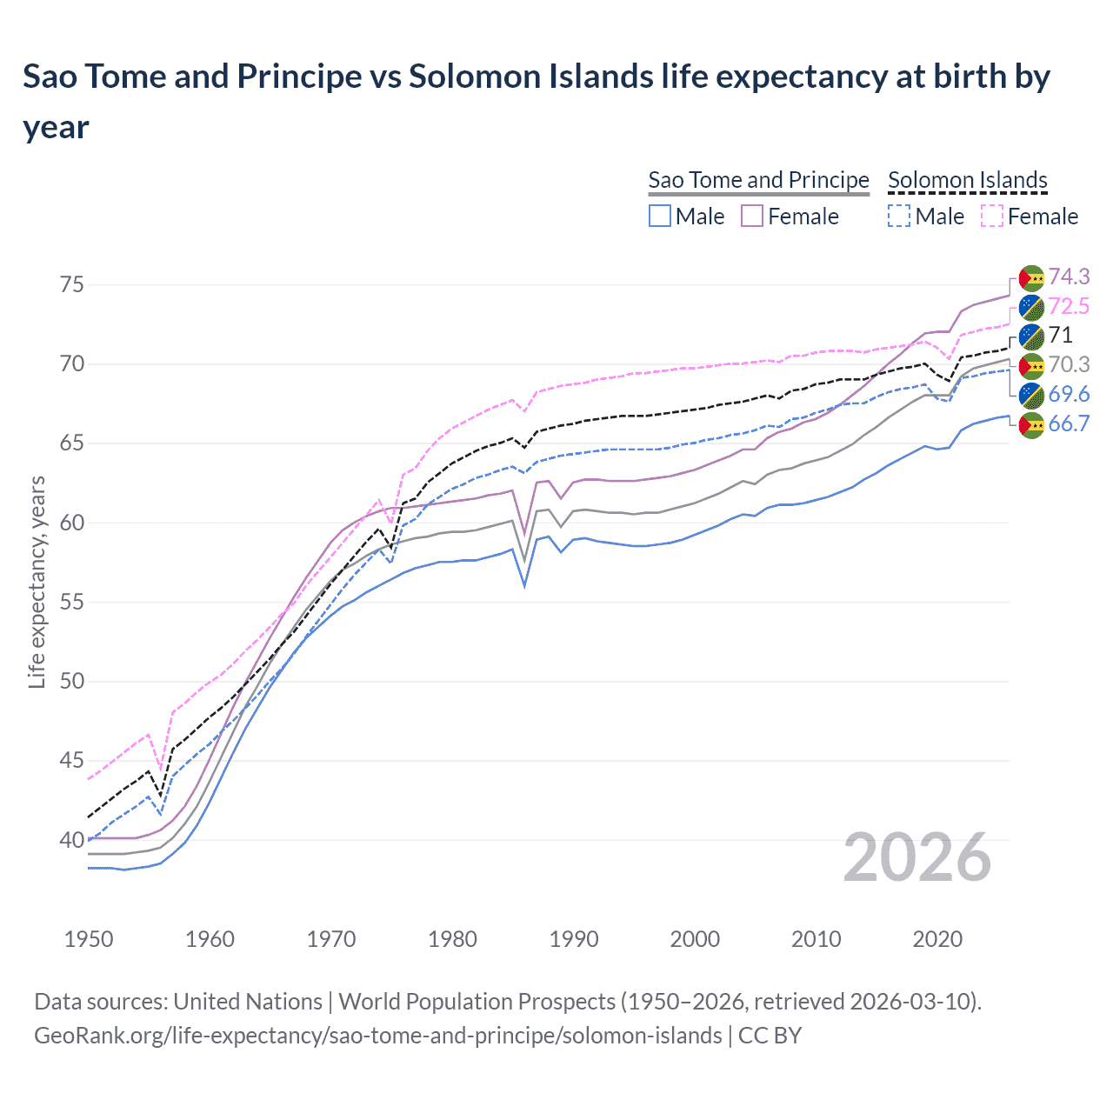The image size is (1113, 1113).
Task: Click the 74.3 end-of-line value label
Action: pos(1069,277)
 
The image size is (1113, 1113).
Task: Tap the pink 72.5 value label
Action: pos(1069,306)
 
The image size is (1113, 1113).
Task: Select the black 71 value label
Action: pos(1060,336)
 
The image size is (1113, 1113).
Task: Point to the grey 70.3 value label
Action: pos(1069,365)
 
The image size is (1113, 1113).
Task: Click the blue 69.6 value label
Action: pos(1069,395)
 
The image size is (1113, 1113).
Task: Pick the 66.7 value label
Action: pos(1069,424)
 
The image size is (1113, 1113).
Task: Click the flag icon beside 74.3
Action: pos(1031,277)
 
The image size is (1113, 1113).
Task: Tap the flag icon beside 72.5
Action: pos(1031,307)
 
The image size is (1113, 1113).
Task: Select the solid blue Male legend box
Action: pos(660,217)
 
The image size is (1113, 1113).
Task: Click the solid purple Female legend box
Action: pos(752,217)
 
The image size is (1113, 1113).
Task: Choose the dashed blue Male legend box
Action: pos(899,217)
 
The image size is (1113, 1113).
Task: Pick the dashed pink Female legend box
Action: pos(992,217)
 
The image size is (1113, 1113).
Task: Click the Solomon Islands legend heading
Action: pos(967,180)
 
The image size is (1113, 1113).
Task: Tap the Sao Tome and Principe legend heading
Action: pos(758,180)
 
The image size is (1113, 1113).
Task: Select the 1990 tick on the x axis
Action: pos(574,939)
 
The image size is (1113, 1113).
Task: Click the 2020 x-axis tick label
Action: pos(937,939)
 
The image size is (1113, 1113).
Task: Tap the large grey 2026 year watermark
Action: pos(916,857)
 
